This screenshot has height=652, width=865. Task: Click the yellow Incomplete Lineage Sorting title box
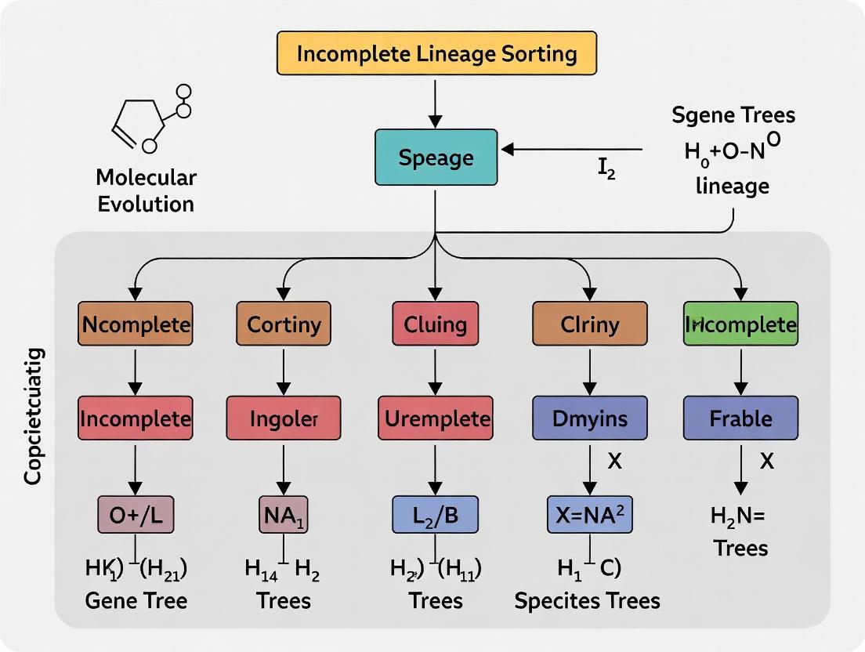click(x=436, y=54)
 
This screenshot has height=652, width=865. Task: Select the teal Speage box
click(x=436, y=158)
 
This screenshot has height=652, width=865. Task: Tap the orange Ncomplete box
click(x=136, y=324)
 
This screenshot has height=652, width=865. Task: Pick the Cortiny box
click(x=284, y=324)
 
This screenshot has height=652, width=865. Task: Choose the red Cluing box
click(x=435, y=324)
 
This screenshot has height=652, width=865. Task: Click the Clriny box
click(x=590, y=324)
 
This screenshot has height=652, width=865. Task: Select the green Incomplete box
click(x=740, y=324)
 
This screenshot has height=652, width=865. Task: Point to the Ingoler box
click(x=284, y=418)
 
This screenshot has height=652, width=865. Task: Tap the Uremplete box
click(x=436, y=418)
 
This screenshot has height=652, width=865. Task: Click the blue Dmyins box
click(x=590, y=418)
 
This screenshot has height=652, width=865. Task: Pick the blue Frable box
click(x=740, y=418)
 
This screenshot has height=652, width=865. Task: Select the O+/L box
click(x=136, y=514)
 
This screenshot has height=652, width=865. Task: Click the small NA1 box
click(x=284, y=514)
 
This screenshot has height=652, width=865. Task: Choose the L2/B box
click(x=435, y=514)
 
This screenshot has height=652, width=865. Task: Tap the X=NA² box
click(x=589, y=514)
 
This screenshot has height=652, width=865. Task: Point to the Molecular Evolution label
click(x=147, y=190)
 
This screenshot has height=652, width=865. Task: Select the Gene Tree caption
click(x=136, y=601)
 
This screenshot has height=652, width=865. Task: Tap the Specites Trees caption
click(x=587, y=601)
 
